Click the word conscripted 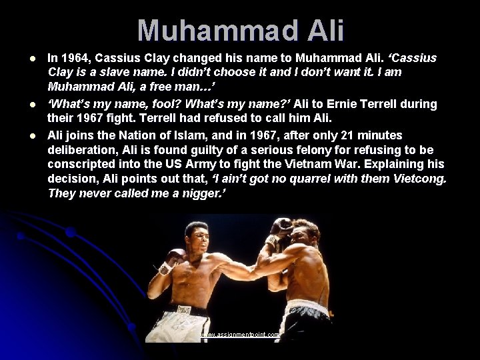[83, 164]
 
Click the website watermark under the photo [240, 335]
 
